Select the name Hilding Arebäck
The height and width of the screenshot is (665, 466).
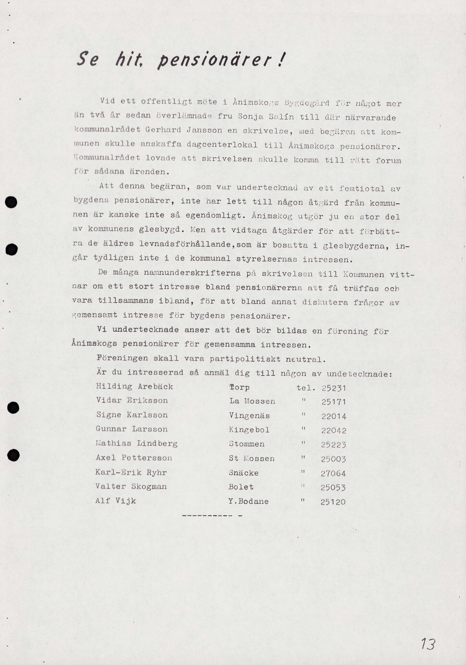coord(134,387)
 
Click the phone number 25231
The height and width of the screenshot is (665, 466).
coord(334,388)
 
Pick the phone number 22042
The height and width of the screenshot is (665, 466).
coord(334,431)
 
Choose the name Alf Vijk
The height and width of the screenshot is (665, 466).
coord(116,501)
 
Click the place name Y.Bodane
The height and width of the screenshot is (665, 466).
coord(248,502)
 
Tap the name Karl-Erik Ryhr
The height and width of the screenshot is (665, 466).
coord(131,472)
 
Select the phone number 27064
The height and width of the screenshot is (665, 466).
coord(333,473)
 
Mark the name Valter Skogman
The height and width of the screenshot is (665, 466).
coord(131,486)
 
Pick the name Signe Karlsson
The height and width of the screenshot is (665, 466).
coord(132,415)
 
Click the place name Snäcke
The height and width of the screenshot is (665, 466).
coord(244,473)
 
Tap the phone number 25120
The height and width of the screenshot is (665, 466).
coord(333,502)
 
